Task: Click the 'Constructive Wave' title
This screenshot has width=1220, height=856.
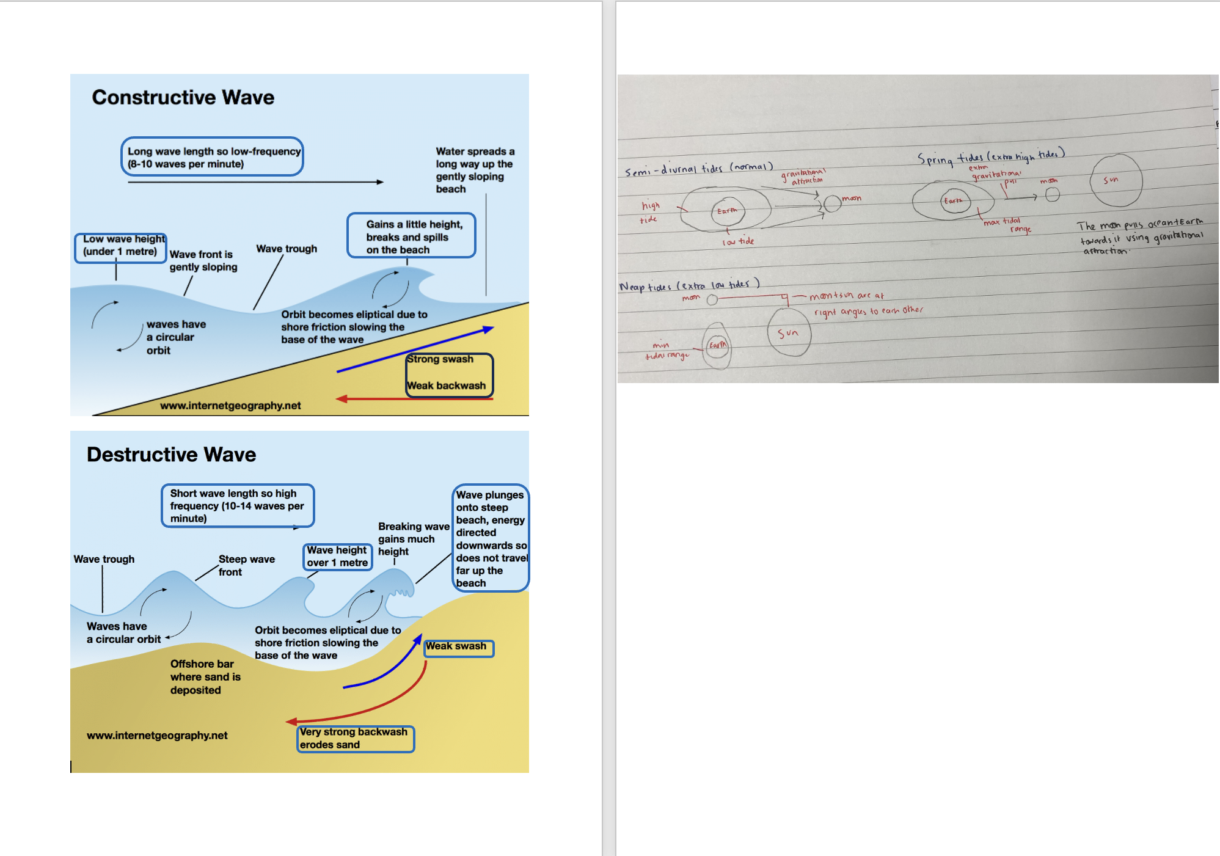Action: click(183, 98)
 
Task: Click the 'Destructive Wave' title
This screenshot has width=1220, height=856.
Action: click(171, 455)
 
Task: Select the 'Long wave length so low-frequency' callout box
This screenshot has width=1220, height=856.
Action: click(213, 157)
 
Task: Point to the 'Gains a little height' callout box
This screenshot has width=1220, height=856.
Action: click(411, 236)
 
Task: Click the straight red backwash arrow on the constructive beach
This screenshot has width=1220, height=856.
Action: click(415, 399)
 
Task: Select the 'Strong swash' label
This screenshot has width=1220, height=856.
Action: click(440, 359)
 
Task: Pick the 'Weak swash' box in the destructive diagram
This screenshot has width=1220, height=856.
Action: click(458, 647)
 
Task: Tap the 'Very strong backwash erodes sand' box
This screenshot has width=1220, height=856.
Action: click(356, 739)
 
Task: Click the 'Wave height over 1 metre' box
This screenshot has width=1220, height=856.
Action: click(338, 557)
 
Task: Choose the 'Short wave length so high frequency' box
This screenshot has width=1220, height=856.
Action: click(238, 505)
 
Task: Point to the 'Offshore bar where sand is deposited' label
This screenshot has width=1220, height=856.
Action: click(205, 677)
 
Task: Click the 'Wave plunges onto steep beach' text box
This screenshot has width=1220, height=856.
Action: click(491, 538)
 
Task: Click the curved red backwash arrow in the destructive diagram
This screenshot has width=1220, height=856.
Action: click(379, 709)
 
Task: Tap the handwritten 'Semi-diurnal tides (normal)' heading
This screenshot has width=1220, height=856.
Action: click(699, 169)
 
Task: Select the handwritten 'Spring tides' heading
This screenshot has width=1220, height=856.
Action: click(990, 157)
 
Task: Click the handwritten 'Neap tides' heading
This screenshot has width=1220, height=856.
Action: click(689, 285)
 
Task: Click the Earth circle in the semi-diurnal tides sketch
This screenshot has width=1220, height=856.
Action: click(728, 211)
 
